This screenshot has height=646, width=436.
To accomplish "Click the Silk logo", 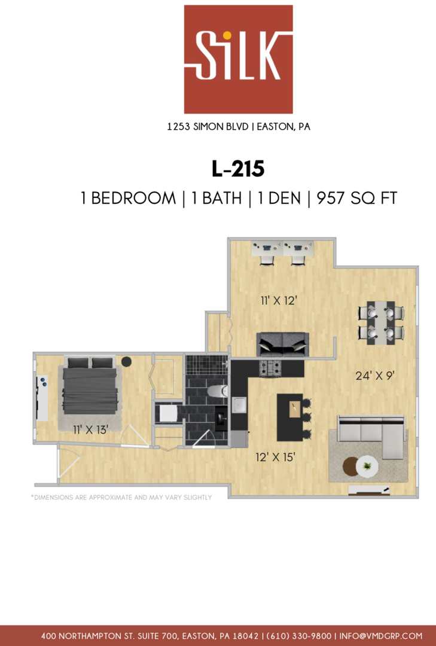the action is (x=238, y=59).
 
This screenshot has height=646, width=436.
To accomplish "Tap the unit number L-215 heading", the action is (x=238, y=169).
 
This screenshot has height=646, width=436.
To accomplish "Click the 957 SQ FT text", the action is (x=356, y=198).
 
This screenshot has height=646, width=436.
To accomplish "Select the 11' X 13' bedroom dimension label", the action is (x=90, y=429).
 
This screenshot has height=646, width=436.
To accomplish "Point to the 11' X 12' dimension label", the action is (x=279, y=300).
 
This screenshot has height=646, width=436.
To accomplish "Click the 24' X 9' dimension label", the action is (x=375, y=375).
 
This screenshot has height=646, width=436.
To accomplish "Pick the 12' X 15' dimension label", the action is (x=275, y=457).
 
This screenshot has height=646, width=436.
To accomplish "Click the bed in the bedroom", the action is (x=90, y=386).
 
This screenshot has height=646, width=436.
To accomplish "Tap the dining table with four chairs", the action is (x=381, y=322).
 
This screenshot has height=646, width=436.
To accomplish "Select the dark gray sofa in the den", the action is (x=283, y=344).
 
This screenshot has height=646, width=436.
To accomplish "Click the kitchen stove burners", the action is (x=270, y=367).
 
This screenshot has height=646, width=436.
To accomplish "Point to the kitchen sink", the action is (x=239, y=404).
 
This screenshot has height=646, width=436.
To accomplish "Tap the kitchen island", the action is (x=291, y=417).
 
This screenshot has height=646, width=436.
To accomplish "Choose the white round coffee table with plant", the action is (x=367, y=466).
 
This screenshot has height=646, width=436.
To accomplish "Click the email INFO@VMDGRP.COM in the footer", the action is (x=381, y=636).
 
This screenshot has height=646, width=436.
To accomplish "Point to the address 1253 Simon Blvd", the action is (x=208, y=126).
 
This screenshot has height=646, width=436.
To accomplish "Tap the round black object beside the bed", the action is (x=127, y=361).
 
